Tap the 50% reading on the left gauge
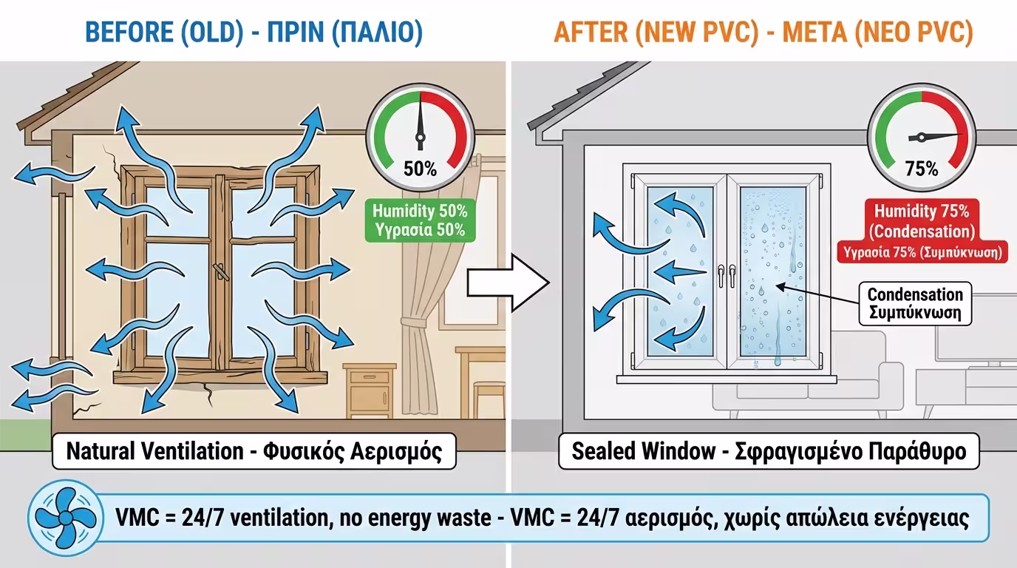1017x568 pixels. coord(420,169)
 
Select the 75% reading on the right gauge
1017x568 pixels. coord(921,169)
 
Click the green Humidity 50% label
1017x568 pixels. coord(419,220)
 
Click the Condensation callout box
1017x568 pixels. coord(914,303)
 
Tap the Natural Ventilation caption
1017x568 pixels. coord(254,451)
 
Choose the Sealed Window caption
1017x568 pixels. coord(769,451)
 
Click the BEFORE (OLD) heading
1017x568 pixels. coord(254,33)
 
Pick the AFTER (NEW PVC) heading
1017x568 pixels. coord(763,33)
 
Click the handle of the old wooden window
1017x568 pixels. coord(220,271)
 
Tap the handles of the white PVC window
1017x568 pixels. coord(725,275)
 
